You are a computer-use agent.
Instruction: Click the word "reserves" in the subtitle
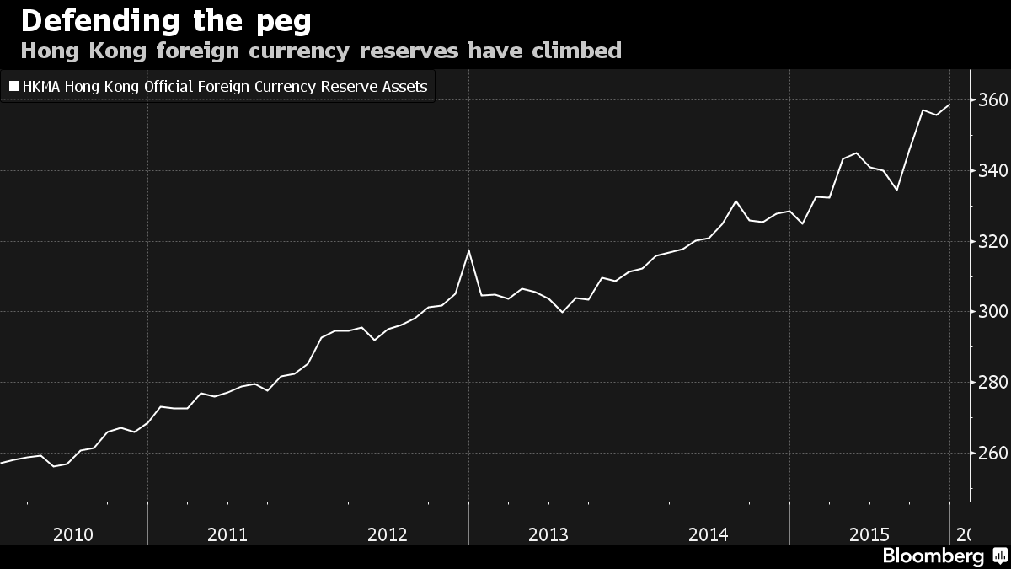tap(409, 51)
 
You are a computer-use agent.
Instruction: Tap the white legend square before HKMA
tap(13, 86)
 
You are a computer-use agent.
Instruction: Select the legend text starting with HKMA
tap(225, 86)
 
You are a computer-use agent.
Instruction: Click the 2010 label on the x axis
tap(72, 534)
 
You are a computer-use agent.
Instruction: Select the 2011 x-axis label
tap(227, 534)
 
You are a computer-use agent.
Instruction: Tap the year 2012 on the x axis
tap(388, 534)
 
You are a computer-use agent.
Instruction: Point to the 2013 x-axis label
tap(548, 534)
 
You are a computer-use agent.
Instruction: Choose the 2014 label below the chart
tap(709, 534)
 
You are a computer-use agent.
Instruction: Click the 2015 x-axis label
tap(869, 534)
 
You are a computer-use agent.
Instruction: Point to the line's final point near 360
tap(949, 105)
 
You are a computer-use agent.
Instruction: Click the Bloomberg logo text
tap(933, 556)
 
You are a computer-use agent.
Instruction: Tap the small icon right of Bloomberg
tap(999, 556)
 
